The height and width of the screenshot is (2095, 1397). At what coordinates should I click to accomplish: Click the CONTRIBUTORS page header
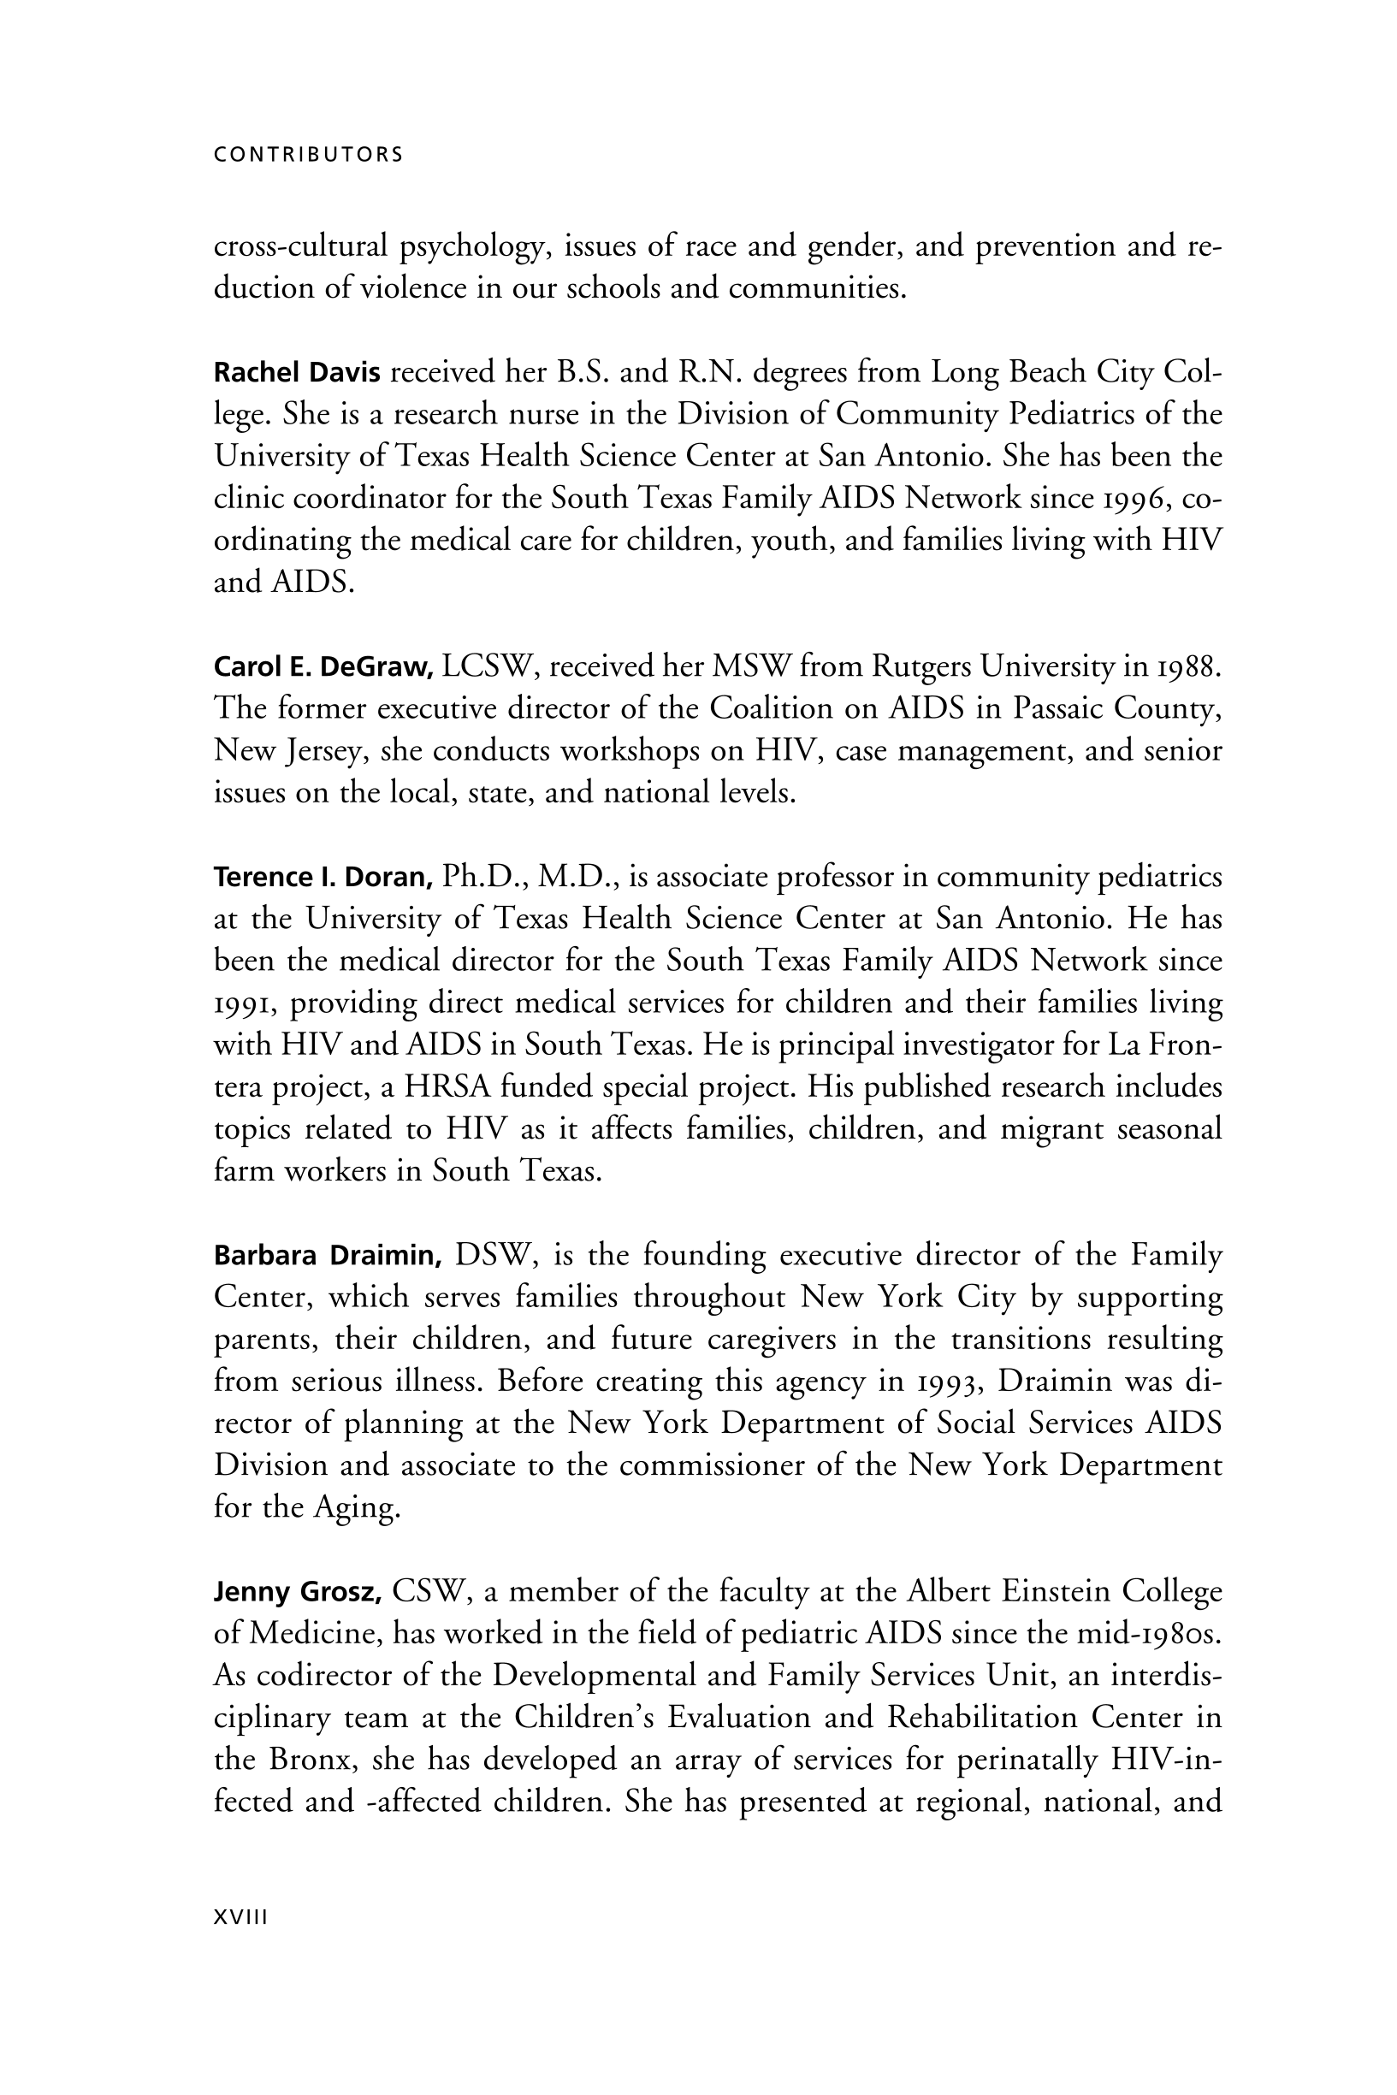point(308,154)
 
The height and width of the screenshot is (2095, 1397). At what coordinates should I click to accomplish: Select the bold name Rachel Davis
point(297,371)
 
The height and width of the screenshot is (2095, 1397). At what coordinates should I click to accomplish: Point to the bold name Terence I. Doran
point(323,878)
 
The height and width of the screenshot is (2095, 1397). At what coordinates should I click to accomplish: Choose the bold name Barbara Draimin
point(328,1256)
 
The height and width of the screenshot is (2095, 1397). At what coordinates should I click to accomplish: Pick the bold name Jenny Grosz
point(298,1592)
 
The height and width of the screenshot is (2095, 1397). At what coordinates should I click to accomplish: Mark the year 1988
point(1182,666)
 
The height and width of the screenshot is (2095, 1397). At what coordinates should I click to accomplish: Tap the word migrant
point(1053,1129)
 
